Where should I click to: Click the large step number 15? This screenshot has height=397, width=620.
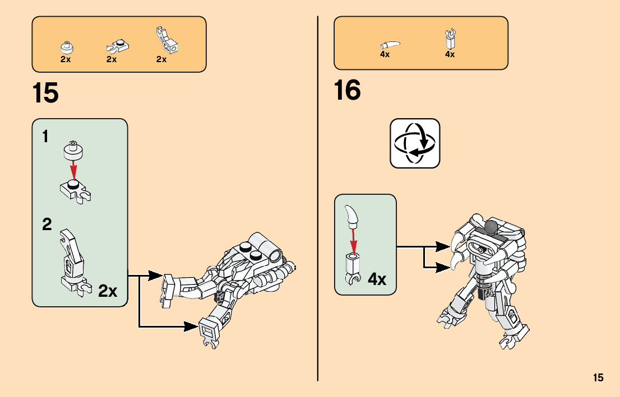point(45,93)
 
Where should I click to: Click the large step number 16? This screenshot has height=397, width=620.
point(348,90)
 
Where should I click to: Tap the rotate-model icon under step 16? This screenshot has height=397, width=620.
point(415,143)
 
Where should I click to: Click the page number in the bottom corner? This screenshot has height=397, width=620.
point(598,378)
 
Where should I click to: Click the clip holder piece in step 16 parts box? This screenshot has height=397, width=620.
point(450,39)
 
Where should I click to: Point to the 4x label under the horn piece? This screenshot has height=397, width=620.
point(385,55)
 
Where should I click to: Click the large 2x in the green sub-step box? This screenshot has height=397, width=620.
point(108,291)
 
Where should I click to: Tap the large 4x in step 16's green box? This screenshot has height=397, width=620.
point(377,279)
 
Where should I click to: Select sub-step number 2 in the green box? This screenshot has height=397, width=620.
point(47,225)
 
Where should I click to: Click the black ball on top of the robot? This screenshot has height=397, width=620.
point(492,227)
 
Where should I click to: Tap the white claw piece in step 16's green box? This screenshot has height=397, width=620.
point(351,214)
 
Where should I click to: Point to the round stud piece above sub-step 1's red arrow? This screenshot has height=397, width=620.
point(72,148)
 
